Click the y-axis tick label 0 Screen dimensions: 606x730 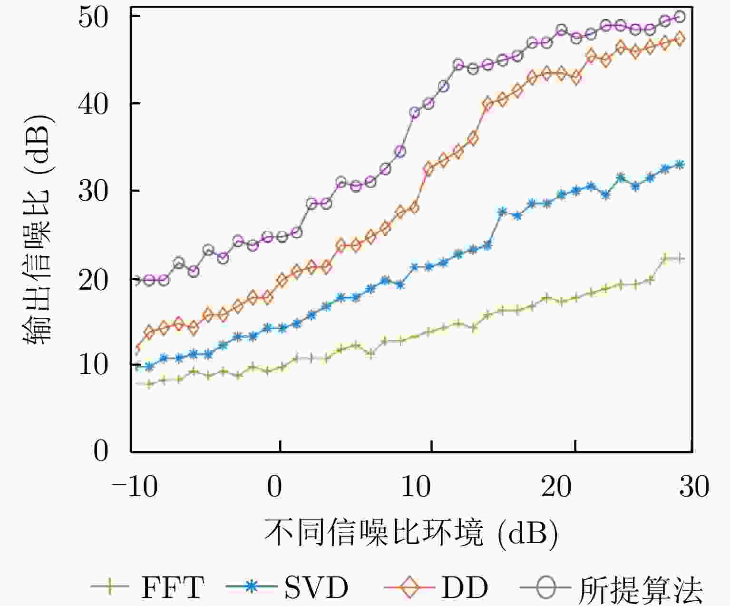coord(101,451)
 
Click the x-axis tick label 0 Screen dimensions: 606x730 coord(274,487)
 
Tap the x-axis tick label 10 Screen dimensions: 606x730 coord(416,487)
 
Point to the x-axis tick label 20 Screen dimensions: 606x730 coord(556,487)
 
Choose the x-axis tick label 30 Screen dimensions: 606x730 coord(694,487)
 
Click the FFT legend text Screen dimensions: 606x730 coord(173,588)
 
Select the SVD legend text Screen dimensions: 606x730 coord(316,588)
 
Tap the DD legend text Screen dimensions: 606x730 coord(465,588)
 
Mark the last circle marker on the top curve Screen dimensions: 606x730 coord(680,17)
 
